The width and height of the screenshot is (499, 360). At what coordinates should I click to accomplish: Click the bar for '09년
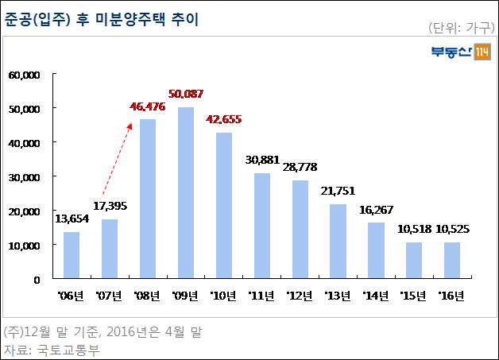(x=186, y=193)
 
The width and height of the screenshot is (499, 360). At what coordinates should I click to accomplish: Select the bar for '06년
(x=72, y=255)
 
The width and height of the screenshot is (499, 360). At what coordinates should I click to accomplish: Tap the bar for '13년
(x=338, y=242)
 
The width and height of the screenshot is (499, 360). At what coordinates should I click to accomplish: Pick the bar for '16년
(x=452, y=261)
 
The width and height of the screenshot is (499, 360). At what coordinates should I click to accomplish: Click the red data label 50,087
(x=186, y=94)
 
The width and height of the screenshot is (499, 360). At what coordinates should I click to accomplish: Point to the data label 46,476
(x=148, y=106)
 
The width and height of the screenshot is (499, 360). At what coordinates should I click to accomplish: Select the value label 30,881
(x=262, y=160)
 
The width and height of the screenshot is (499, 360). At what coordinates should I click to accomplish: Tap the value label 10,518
(x=414, y=229)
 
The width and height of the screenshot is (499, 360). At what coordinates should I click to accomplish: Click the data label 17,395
(x=110, y=207)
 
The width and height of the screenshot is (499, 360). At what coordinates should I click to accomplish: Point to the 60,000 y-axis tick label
(x=25, y=75)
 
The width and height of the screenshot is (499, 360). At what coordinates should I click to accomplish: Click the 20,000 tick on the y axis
(x=25, y=211)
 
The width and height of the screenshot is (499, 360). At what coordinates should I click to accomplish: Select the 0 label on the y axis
(x=37, y=280)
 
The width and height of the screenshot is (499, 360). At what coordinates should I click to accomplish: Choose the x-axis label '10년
(x=223, y=296)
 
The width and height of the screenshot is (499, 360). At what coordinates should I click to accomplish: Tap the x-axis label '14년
(x=376, y=296)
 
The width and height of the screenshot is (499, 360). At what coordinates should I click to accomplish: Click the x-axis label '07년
(x=109, y=296)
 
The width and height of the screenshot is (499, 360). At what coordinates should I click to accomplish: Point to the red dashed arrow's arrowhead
(x=130, y=126)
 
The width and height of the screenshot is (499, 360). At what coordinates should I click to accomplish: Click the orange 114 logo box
(x=482, y=52)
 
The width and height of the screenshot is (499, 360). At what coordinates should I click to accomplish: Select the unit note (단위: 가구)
(x=461, y=28)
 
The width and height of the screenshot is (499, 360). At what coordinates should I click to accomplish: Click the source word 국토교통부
(x=68, y=350)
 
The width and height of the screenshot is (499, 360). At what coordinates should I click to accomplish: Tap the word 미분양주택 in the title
(x=130, y=19)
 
